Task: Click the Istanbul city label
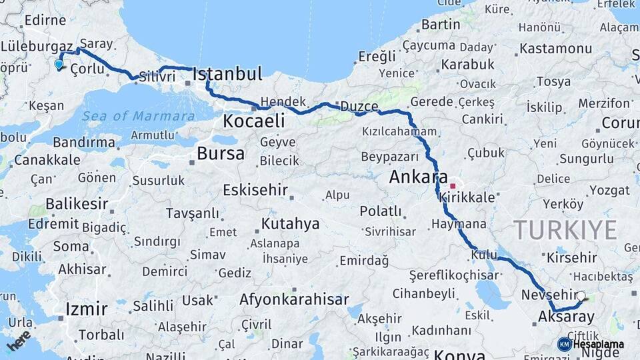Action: (227, 74)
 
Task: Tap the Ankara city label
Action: (418, 177)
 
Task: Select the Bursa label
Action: (221, 154)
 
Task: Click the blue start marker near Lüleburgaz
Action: (59, 65)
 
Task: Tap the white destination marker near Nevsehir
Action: (581, 295)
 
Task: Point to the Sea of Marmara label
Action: (139, 116)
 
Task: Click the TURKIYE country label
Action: (565, 230)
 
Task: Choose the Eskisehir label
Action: (255, 189)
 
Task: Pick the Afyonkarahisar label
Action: (294, 299)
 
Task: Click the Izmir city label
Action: (87, 309)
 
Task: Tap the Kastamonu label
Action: (555, 49)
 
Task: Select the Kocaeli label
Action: (254, 121)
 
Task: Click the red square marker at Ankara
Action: (453, 186)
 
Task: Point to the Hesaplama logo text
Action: (598, 344)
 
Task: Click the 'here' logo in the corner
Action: (19, 340)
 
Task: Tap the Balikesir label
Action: (77, 203)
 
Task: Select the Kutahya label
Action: (290, 223)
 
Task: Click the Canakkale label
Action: (47, 160)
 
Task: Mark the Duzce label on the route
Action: (359, 107)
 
